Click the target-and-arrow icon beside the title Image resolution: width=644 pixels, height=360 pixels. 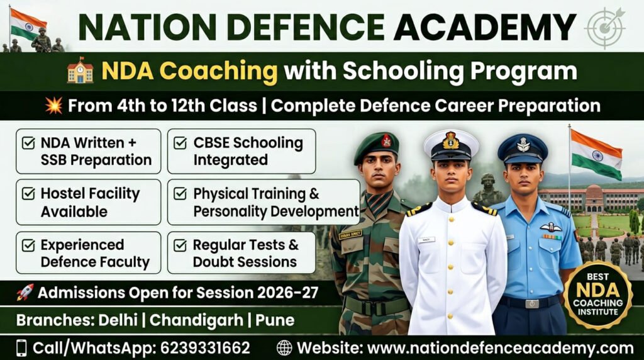604,28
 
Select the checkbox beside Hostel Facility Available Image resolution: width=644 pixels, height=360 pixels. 28,194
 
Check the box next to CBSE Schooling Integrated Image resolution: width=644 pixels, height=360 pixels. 180,143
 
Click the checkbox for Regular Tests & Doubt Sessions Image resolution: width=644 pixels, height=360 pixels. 180,245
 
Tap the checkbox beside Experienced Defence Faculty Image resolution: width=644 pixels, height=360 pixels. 28,245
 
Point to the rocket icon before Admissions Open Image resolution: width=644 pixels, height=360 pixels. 25,293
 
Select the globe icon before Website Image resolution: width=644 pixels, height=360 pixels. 284,348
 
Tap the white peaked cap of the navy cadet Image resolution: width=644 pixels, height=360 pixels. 450,143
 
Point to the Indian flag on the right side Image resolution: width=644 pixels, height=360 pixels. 596,154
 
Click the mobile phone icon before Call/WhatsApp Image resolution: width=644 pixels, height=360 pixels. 22,348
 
